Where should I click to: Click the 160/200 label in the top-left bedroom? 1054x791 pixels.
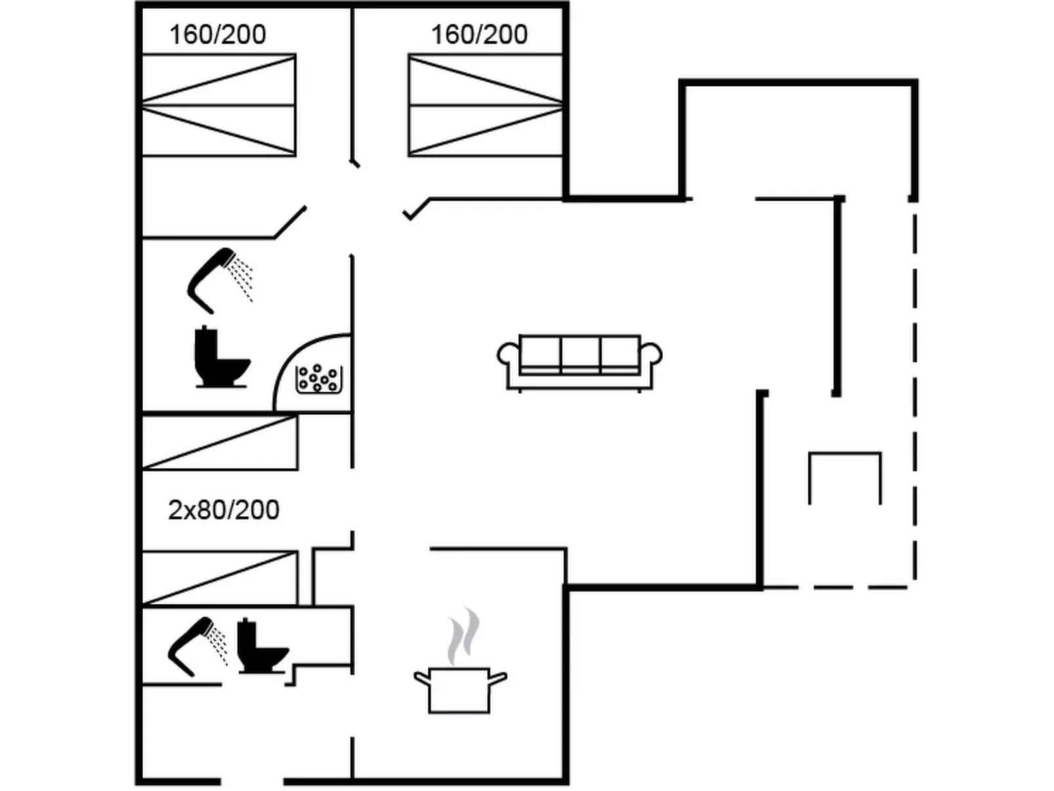click(217, 34)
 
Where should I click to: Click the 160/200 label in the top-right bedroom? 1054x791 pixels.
click(479, 34)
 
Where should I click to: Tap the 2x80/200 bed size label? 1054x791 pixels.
click(224, 510)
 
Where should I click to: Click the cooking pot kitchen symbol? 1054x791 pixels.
click(459, 689)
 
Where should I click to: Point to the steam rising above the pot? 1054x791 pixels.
click(463, 635)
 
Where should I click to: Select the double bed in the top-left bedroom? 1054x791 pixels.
click(219, 105)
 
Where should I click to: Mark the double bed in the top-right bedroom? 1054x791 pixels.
click(485, 105)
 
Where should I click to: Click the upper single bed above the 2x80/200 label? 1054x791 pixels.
click(220, 442)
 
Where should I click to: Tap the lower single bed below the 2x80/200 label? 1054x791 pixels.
click(220, 578)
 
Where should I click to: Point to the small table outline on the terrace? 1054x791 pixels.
click(845, 476)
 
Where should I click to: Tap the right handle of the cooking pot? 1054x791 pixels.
click(498, 677)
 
